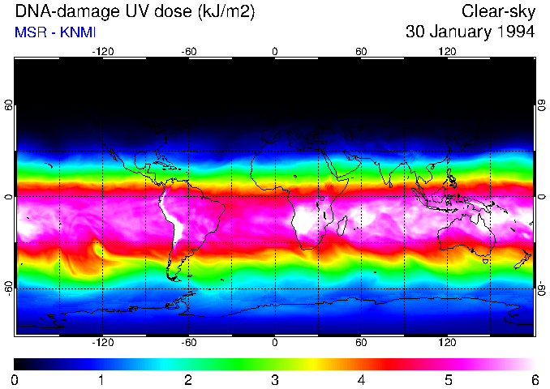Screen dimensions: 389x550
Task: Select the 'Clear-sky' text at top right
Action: (x=498, y=11)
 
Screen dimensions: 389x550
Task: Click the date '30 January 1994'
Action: (x=470, y=32)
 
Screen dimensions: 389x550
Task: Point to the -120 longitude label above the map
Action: (x=102, y=51)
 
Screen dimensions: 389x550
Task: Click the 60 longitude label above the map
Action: (x=361, y=51)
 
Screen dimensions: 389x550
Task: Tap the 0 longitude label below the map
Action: (x=275, y=342)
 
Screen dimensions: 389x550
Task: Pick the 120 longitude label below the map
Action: (x=447, y=342)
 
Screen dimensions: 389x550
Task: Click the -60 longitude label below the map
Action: (x=188, y=342)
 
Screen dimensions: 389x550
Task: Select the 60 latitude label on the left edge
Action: (x=9, y=107)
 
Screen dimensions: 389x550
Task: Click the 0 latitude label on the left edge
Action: (x=9, y=197)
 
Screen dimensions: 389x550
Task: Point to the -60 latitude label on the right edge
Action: (x=541, y=288)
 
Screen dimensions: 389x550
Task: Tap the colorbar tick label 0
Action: (x=15, y=379)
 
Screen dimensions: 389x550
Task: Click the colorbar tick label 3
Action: (x=275, y=379)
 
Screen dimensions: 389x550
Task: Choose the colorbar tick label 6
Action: (x=535, y=379)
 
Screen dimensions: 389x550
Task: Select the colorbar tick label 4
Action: (x=361, y=379)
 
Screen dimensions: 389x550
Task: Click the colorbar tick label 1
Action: (x=101, y=379)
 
